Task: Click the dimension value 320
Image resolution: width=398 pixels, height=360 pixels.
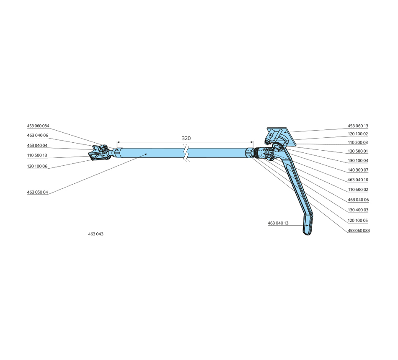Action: [186, 138]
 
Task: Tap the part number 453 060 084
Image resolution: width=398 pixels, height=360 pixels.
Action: [38, 126]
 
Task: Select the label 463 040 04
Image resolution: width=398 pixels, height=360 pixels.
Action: [37, 145]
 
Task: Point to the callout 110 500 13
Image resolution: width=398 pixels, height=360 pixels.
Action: [37, 155]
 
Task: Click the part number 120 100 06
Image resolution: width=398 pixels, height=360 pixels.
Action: [37, 166]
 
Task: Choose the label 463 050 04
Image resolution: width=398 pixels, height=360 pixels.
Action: [37, 192]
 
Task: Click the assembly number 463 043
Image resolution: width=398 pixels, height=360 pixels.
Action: [96, 234]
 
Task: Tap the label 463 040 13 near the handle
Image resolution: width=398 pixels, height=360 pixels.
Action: [278, 223]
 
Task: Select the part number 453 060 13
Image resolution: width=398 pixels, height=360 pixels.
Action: [358, 126]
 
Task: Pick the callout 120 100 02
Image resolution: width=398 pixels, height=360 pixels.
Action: [358, 134]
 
